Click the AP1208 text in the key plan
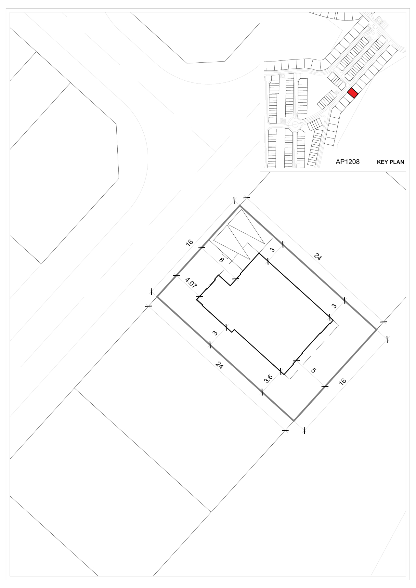click(x=347, y=162)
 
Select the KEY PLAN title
click(x=391, y=162)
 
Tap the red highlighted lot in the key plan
click(x=353, y=93)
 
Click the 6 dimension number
click(x=222, y=260)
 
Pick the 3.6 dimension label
click(x=268, y=379)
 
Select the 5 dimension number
click(x=314, y=370)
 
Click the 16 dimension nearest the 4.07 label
click(x=189, y=242)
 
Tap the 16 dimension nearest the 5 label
click(x=343, y=381)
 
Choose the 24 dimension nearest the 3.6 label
click(x=220, y=365)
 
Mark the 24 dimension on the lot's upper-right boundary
click(x=318, y=257)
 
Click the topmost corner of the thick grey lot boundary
click(x=240, y=205)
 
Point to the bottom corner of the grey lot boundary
click(x=294, y=421)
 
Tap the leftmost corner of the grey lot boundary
click(x=157, y=297)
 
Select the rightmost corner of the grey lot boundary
click(x=377, y=330)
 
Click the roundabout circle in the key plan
click(x=295, y=124)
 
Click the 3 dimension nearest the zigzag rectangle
click(x=273, y=250)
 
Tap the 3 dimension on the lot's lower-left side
click(x=215, y=333)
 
